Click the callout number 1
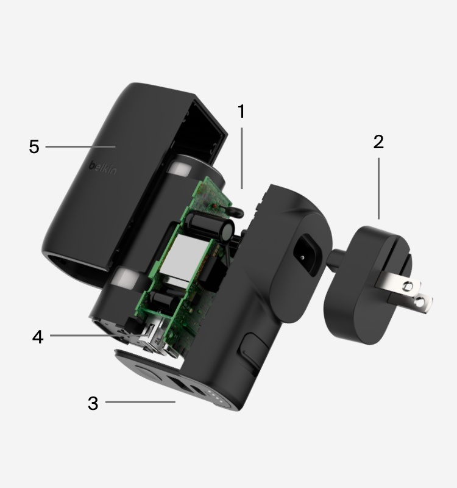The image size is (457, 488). [241, 111]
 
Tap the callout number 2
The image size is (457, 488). [378, 142]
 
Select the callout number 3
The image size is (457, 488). [93, 403]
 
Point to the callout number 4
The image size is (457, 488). [38, 337]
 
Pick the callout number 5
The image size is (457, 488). [34, 146]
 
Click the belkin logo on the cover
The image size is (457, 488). [103, 168]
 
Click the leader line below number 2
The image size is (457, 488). [378, 188]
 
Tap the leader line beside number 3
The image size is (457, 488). [140, 402]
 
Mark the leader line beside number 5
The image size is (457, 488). [80, 146]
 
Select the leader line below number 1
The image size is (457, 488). [242, 158]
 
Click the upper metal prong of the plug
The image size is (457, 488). [399, 282]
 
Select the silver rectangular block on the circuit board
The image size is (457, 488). [178, 258]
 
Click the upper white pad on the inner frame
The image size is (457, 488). [180, 169]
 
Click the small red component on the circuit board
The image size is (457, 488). [214, 206]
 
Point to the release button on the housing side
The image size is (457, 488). [252, 349]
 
